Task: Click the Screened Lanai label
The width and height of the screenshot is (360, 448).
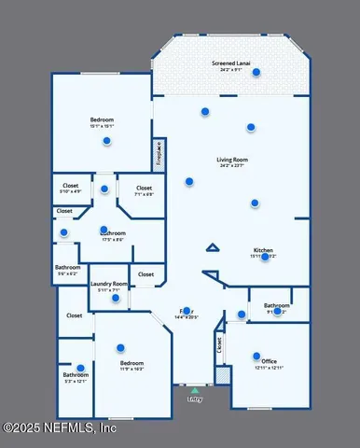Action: pyautogui.click(x=228, y=63)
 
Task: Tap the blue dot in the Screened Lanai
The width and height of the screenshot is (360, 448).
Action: pyautogui.click(x=256, y=72)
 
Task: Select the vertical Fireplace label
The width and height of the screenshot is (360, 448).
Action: pyautogui.click(x=159, y=152)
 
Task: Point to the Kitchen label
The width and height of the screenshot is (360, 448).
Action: pyautogui.click(x=263, y=249)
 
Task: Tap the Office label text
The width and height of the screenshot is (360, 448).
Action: pyautogui.click(x=269, y=360)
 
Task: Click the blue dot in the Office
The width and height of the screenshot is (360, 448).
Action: pyautogui.click(x=256, y=355)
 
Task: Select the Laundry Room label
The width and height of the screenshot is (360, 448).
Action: pyautogui.click(x=109, y=284)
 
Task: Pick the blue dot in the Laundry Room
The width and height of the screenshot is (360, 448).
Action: pyautogui.click(x=116, y=298)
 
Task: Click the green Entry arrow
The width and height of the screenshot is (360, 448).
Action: pyautogui.click(x=194, y=391)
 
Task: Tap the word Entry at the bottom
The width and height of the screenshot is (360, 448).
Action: pyautogui.click(x=194, y=399)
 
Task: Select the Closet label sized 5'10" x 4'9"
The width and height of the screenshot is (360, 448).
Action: pyautogui.click(x=71, y=186)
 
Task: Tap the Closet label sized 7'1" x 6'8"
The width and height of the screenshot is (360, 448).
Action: pyautogui.click(x=144, y=189)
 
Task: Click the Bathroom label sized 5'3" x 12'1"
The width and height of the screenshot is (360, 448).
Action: pyautogui.click(x=75, y=376)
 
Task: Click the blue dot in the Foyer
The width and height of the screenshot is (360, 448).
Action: pyautogui.click(x=187, y=311)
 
